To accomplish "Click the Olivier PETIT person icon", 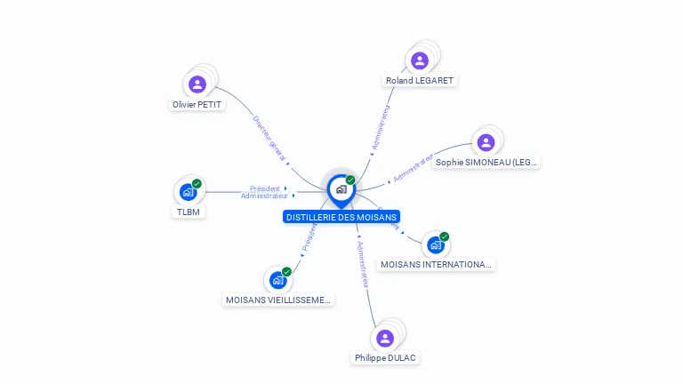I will pos(197,84).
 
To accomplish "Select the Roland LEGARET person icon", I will pos(420,60).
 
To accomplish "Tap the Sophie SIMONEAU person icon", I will pos(486,142).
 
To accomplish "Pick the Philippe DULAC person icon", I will pos(385,338).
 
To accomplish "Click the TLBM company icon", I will pos(188,192).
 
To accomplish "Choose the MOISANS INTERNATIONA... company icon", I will pos(435,244).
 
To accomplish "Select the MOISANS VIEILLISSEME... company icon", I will pos(277,280).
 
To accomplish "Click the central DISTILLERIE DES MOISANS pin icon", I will pos(341,189).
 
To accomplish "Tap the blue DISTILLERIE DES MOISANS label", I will pos(341,217).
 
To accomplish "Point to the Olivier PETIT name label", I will pos(197,105).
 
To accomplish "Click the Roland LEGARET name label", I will pos(420,81).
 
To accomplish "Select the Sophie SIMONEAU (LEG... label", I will pos(486,163).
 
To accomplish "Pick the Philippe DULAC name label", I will pos(385,358).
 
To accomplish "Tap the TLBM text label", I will pos(189,212).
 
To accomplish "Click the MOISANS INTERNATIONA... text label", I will pos(436,265).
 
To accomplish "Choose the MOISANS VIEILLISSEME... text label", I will pos(278,300).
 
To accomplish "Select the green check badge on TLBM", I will pos(197,184).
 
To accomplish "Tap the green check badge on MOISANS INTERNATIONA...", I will pos(444,236).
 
